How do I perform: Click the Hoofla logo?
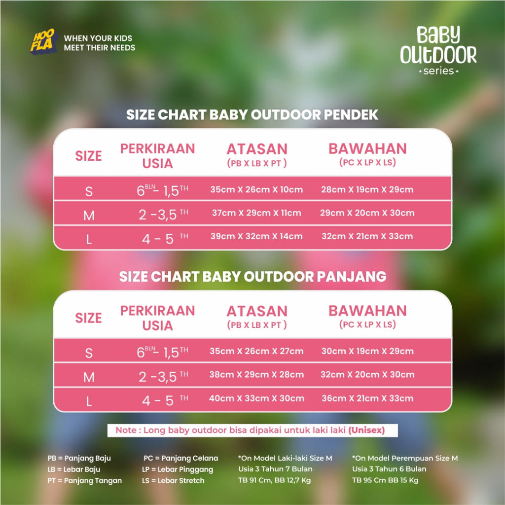tap(44, 42)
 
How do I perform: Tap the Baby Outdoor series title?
tap(438, 50)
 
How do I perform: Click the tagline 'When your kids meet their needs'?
tap(99, 43)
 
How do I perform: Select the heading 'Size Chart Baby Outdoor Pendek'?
tap(252, 114)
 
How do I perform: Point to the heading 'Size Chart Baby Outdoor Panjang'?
tap(252, 277)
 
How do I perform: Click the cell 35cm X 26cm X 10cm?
tap(256, 189)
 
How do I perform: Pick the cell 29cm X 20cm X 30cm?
tap(367, 213)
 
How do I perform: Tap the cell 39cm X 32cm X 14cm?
tap(256, 236)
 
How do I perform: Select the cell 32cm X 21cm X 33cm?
tap(367, 236)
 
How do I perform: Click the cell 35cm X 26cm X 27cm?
tap(256, 351)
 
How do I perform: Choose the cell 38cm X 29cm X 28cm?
tap(256, 375)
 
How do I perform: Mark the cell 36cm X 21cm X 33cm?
tap(367, 398)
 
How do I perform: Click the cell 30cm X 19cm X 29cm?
tap(367, 351)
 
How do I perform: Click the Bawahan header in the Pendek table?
tap(367, 154)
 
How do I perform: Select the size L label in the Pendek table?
tap(89, 239)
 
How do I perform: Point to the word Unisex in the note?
tap(366, 430)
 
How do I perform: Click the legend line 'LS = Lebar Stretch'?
tap(173, 480)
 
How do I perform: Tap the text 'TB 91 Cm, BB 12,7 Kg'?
tap(274, 480)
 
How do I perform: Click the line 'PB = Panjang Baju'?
tap(79, 458)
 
